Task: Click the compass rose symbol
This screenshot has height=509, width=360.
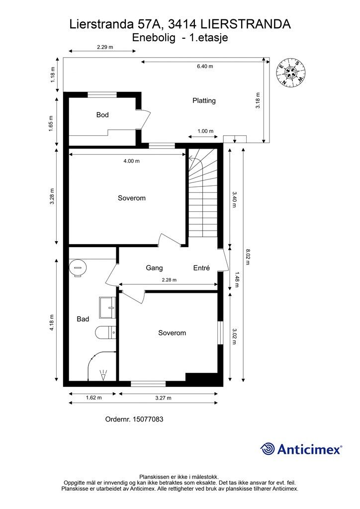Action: (x=290, y=73)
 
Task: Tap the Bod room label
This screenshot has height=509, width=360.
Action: (x=102, y=115)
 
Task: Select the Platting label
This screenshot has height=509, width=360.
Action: (x=204, y=100)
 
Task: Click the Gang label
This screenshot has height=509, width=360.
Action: (x=154, y=268)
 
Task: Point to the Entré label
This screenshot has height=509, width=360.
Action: (x=201, y=268)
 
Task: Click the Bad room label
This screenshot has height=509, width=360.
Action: (x=83, y=319)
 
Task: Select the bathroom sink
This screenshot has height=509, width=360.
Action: (x=107, y=308)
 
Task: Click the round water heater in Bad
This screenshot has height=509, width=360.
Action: (x=77, y=268)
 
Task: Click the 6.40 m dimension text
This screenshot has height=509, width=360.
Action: (x=204, y=66)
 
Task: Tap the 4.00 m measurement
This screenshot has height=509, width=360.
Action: (x=131, y=161)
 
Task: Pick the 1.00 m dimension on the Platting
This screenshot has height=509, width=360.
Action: (x=205, y=131)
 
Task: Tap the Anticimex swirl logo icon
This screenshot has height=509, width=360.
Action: (x=268, y=449)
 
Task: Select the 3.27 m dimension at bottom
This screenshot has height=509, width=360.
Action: (x=163, y=398)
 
